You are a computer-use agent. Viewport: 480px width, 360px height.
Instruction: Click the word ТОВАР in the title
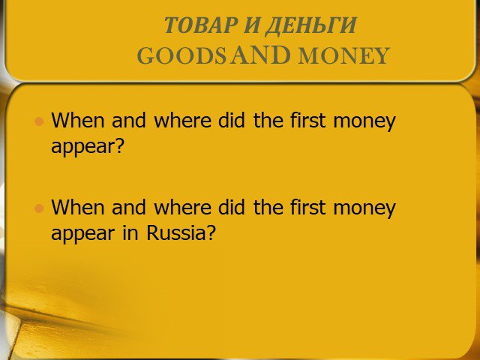click(x=202, y=25)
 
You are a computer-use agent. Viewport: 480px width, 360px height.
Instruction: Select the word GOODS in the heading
click(x=181, y=55)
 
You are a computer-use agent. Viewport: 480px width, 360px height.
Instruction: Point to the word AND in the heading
click(x=260, y=55)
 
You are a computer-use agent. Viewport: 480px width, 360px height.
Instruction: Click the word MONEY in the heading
click(x=343, y=55)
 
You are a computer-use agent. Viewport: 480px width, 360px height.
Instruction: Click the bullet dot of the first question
click(x=39, y=121)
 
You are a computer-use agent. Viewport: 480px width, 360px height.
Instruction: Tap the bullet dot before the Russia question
click(x=39, y=208)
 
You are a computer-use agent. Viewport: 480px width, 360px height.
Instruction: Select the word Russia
click(x=174, y=233)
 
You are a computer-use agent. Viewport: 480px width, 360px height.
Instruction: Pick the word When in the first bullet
click(x=78, y=120)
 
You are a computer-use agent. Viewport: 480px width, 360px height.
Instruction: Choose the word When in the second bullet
click(x=78, y=207)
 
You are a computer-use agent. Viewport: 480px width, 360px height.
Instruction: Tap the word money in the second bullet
click(x=364, y=209)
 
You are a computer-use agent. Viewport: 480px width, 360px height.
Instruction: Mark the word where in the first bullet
click(x=182, y=120)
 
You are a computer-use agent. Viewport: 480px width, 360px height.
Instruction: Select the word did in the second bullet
click(x=232, y=207)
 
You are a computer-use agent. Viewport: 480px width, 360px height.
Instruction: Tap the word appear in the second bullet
click(x=82, y=235)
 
